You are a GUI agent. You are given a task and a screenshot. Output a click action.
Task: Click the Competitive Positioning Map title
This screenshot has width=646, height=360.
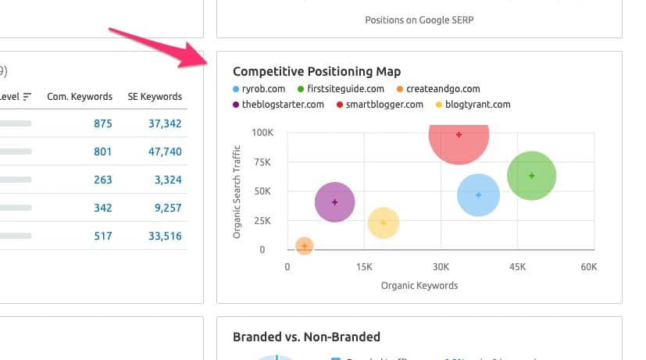pos(316,72)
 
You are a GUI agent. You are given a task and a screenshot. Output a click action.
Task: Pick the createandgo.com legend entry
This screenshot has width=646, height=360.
pos(442,89)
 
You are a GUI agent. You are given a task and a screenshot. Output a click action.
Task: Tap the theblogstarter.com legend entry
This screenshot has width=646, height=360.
pos(282,104)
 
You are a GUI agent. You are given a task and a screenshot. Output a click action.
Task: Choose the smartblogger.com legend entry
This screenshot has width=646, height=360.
pos(384,104)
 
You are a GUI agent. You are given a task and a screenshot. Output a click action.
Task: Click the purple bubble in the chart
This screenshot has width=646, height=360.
pos(334,202)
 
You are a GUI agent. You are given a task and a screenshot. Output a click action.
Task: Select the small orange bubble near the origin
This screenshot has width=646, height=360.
pos(304,246)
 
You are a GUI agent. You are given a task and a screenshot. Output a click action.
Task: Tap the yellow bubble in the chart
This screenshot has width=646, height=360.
pos(383,223)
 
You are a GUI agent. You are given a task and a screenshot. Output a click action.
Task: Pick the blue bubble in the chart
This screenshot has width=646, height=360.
pos(478,194)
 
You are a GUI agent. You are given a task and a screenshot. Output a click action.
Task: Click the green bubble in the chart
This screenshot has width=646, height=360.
pos(531,176)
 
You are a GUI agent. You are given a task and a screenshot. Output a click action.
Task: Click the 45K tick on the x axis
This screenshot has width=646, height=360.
pos(516,266)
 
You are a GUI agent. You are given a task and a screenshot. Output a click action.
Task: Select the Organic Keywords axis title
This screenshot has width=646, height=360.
pos(419,285)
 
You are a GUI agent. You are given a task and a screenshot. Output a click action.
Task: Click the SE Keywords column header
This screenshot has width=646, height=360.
pos(155,97)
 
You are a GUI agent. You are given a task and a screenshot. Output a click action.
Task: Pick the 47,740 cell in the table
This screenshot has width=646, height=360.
pos(165,151)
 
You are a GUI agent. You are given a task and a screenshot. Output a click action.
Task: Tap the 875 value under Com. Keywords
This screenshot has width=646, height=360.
pos(102,123)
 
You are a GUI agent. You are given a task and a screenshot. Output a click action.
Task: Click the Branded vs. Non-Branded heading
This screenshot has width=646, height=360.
pos(306,337)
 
